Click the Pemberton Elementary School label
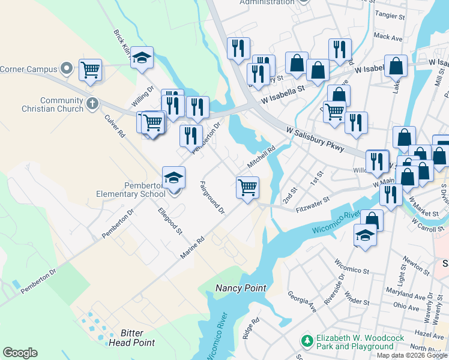coord(131,189)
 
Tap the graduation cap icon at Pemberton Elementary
coord(173,177)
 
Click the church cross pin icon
coord(92,103)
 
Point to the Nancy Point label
coord(240,289)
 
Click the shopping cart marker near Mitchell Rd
coord(247,187)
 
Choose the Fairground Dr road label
coord(212,199)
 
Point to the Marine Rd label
coord(193,247)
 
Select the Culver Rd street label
coord(114,127)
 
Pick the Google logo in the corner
coord(20,353)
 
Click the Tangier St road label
coord(390,14)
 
